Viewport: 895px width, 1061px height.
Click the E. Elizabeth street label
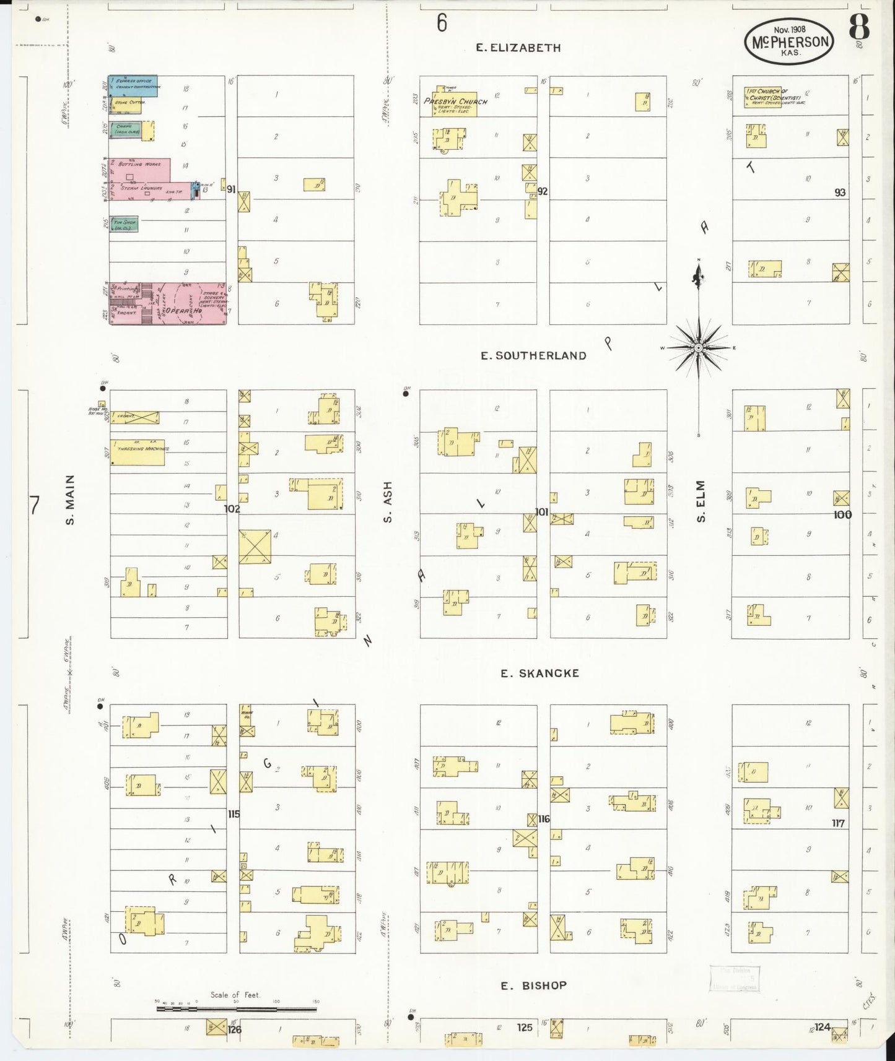[518, 48]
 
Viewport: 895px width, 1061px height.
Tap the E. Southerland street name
[533, 355]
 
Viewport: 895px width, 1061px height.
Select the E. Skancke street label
[539, 673]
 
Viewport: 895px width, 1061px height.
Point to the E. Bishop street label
[533, 985]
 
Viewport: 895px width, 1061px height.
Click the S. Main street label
[71, 500]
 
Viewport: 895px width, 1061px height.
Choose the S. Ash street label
[388, 501]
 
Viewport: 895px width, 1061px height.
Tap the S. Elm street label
[701, 501]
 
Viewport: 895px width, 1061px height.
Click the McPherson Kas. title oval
[789, 41]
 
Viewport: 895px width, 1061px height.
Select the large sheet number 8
[858, 27]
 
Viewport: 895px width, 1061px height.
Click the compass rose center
[699, 348]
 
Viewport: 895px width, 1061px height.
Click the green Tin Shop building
[124, 224]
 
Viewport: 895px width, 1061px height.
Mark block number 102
[232, 509]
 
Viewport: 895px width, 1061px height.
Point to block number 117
[837, 823]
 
